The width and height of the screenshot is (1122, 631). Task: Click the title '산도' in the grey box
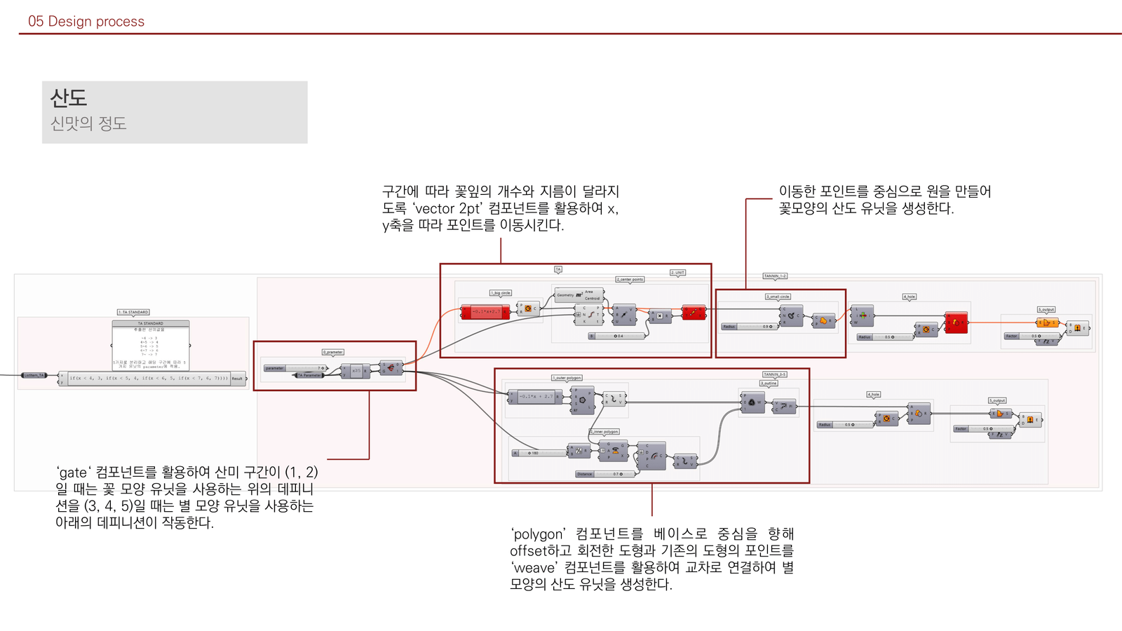coord(69,97)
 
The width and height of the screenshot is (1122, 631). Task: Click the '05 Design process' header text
coord(86,22)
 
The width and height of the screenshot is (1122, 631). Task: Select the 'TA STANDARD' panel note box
coord(151,346)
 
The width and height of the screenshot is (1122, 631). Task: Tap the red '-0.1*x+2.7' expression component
coord(485,312)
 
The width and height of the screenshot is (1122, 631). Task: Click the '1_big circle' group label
coord(501,292)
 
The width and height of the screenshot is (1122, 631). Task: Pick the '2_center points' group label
coord(630,279)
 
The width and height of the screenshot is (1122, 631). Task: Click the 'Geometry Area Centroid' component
coord(579,295)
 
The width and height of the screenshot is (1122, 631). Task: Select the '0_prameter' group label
coord(333,352)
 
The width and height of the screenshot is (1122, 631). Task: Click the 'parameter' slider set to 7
coord(296,368)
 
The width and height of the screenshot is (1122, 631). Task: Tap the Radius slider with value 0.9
coord(750,327)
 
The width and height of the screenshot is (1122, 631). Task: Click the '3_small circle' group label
coord(778,297)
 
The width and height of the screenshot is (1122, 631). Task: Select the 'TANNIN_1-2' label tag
coord(775,276)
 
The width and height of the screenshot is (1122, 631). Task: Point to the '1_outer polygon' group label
coord(567,378)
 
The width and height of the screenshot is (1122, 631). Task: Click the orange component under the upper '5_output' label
coord(1046,323)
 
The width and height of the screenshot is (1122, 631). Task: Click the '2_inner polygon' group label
coord(604,432)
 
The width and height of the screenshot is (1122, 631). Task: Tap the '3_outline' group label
coord(769,384)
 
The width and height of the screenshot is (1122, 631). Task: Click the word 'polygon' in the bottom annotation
coord(538,534)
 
